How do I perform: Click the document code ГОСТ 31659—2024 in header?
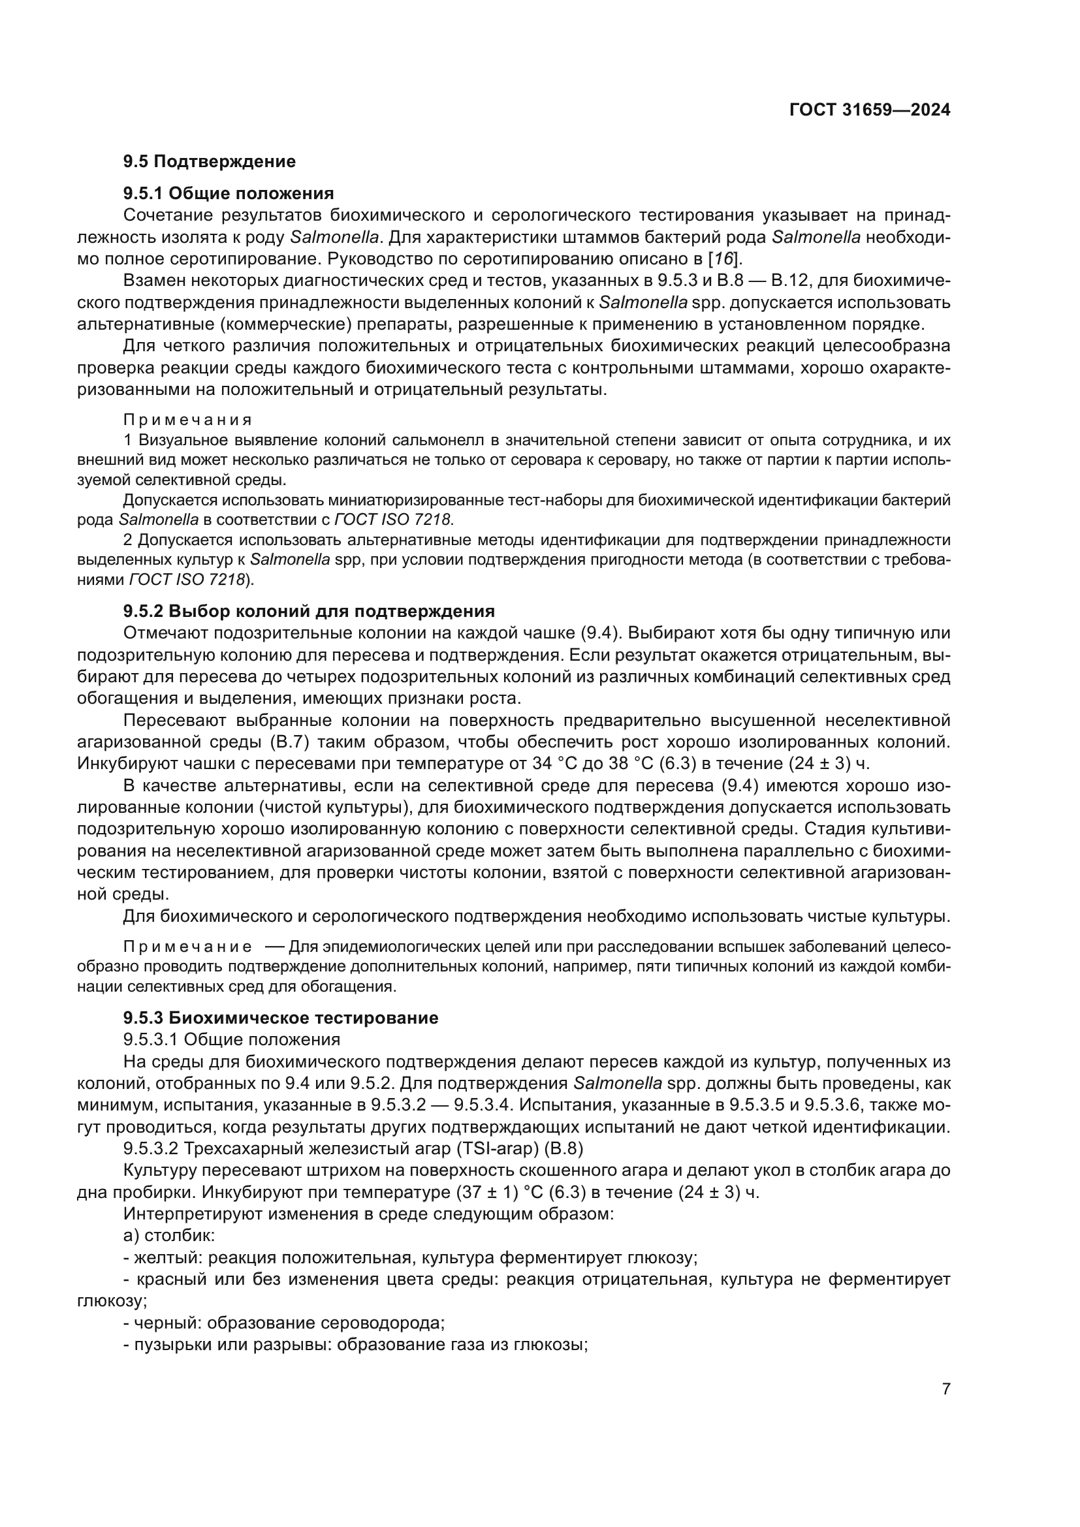(869, 110)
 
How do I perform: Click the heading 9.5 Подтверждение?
(209, 161)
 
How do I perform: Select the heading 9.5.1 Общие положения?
(228, 193)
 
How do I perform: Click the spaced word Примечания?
(187, 420)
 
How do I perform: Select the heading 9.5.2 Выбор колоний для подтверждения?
(309, 610)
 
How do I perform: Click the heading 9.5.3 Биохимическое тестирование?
(281, 1018)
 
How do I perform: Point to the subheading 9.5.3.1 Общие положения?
(231, 1039)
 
